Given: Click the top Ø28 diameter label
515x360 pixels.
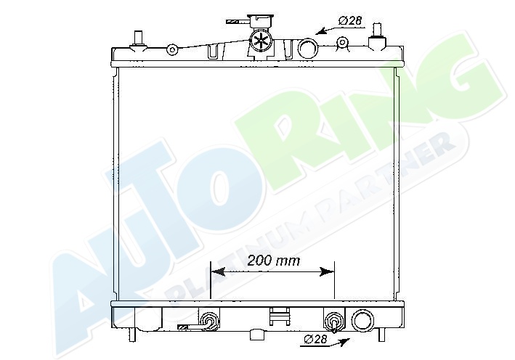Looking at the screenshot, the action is [350, 20].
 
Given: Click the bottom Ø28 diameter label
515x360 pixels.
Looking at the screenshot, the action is [316, 339].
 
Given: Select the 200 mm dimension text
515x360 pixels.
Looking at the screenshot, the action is [274, 261].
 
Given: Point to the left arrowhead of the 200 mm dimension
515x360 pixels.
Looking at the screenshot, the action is [217, 271].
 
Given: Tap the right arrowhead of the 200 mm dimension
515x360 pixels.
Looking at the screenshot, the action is [327, 271].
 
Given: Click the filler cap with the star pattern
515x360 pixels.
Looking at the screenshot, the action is [261, 41].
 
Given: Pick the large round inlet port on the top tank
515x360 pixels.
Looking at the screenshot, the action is [308, 49].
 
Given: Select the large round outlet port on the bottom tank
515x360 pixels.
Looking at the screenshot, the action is [362, 320].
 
